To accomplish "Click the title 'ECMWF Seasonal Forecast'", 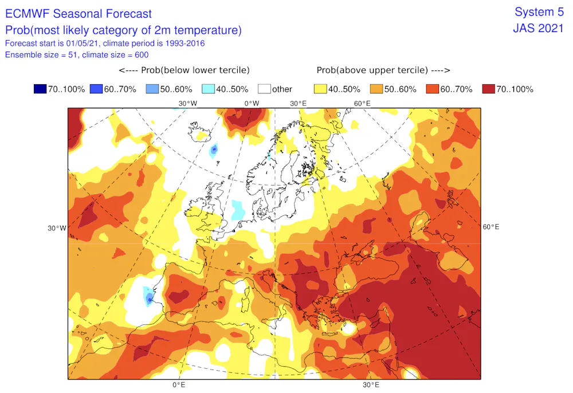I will click(79, 14).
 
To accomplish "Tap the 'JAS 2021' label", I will click(539, 28).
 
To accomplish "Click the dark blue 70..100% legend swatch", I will click(40, 89).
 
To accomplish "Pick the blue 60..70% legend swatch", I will click(96, 89).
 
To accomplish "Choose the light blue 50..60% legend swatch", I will click(152, 89).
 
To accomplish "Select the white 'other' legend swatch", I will click(264, 89).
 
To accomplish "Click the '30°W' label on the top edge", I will click(188, 103).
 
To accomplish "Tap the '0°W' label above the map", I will click(252, 103).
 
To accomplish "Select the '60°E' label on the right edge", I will click(491, 227).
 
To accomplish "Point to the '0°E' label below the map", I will click(179, 385).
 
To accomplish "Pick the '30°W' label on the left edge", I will click(57, 228).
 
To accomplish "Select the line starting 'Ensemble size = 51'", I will click(77, 55).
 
